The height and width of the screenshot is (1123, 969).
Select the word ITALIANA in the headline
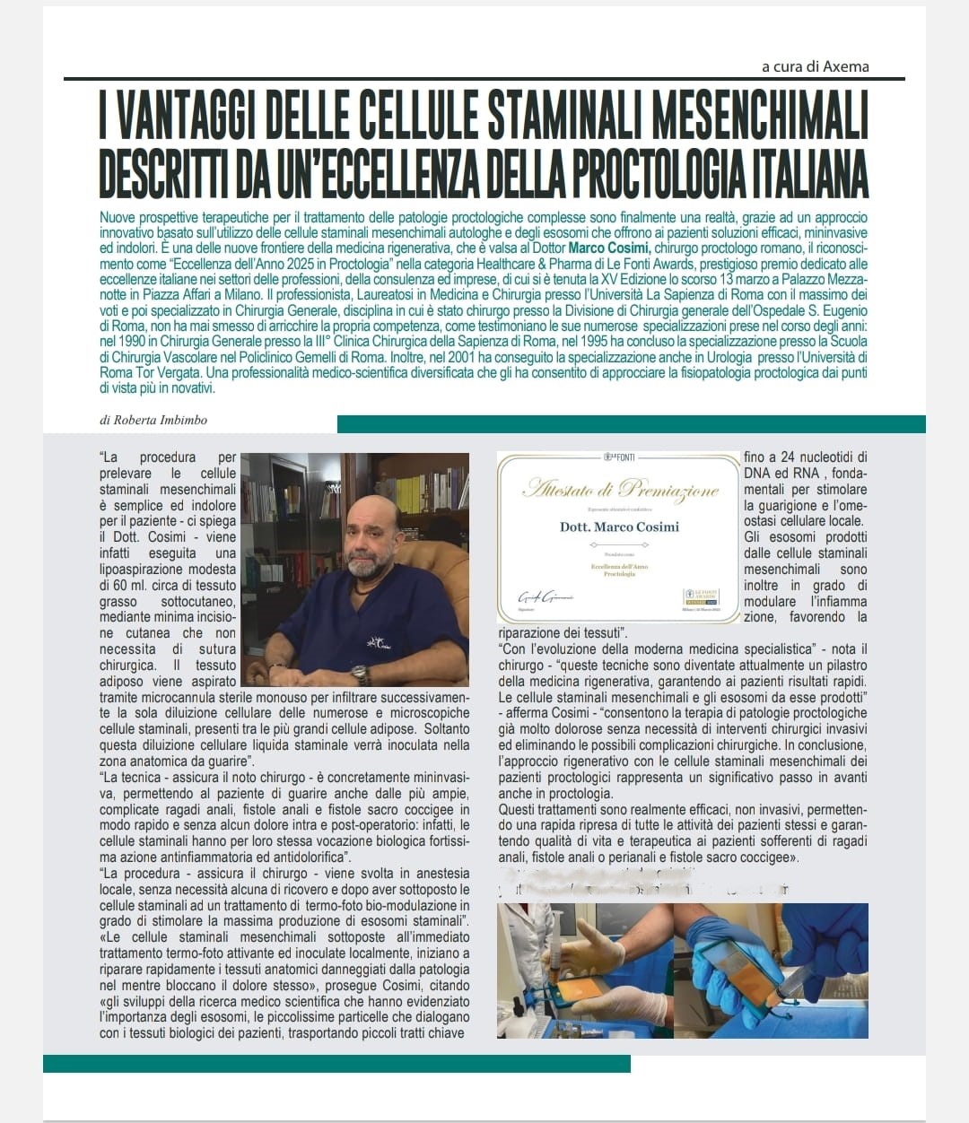point(793,174)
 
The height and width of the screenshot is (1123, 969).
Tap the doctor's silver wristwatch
point(361,674)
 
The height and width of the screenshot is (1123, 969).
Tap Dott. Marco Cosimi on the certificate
point(620,527)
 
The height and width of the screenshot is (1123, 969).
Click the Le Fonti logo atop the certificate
point(619,457)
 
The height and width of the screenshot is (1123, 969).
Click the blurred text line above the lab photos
point(642,888)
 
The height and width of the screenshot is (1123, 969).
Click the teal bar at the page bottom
point(336,1063)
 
